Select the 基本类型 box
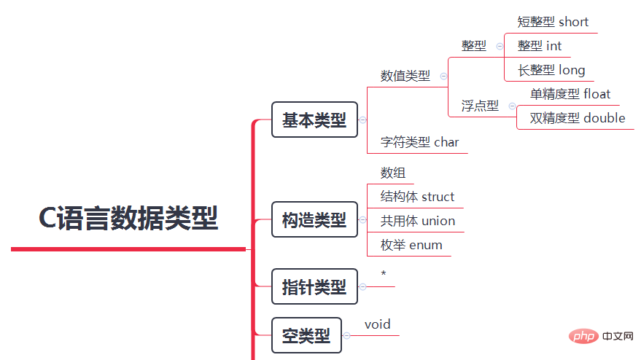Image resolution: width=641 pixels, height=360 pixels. [x=314, y=120]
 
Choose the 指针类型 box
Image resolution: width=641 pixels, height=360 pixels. [x=314, y=286]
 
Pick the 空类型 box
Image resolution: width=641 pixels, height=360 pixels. [x=306, y=335]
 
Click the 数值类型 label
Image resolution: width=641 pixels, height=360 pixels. [x=405, y=76]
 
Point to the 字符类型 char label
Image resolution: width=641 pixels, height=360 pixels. [x=420, y=142]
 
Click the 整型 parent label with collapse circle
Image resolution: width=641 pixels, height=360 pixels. [x=474, y=45]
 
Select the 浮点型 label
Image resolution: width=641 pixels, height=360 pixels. [x=480, y=106]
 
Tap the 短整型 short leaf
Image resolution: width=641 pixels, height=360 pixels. [x=553, y=22]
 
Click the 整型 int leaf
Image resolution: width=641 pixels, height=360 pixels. [x=540, y=46]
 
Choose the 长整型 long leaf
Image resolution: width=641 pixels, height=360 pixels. [x=551, y=70]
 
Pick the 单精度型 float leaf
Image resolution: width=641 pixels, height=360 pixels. [x=570, y=94]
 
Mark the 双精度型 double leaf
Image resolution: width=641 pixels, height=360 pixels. [x=577, y=118]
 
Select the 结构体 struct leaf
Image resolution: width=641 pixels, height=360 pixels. [x=417, y=197]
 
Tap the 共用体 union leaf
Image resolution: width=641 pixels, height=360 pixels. [x=418, y=221]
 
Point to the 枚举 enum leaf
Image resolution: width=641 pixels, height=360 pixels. [x=411, y=245]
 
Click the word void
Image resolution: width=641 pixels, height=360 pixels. [x=378, y=324]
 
